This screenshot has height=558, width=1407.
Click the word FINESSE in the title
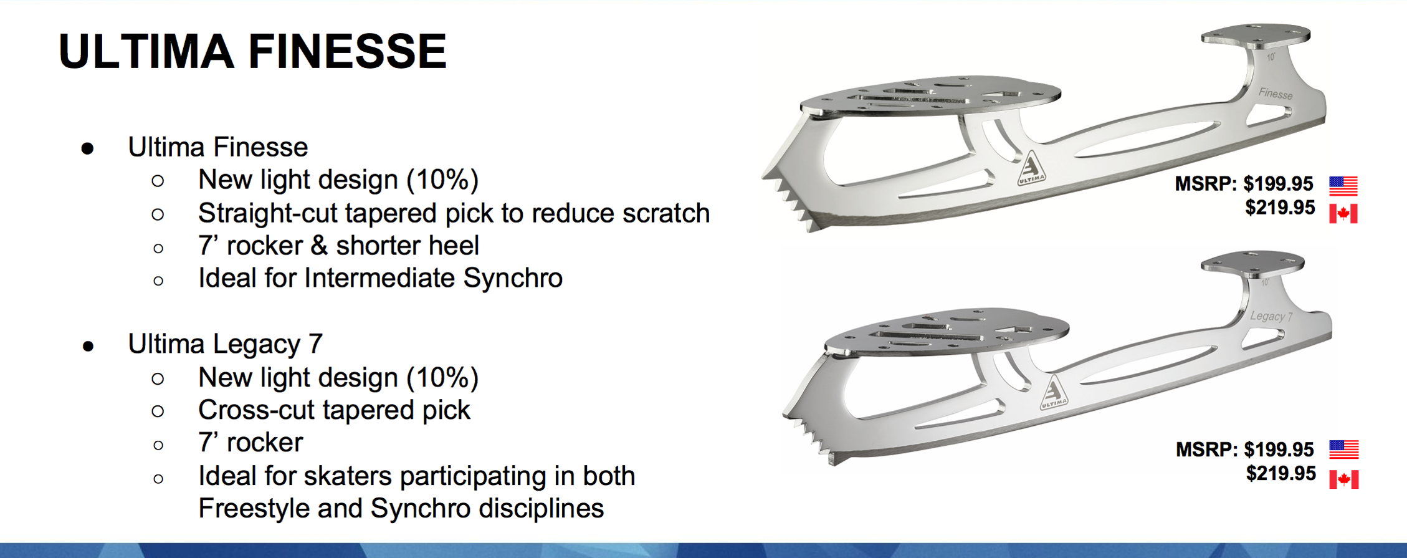[348, 51]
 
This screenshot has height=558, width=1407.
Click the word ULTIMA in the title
[146, 51]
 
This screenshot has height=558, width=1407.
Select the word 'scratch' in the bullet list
[666, 213]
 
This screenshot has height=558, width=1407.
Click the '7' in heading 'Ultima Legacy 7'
[315, 344]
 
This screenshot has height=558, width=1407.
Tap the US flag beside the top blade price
[1343, 185]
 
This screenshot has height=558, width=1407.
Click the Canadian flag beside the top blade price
[1343, 213]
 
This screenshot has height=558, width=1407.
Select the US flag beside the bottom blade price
[1344, 449]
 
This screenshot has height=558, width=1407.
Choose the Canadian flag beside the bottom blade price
[1344, 479]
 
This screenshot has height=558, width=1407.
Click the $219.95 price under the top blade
[1280, 208]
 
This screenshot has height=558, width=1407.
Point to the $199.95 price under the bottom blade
[1279, 450]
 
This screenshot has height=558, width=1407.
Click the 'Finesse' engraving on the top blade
[1275, 94]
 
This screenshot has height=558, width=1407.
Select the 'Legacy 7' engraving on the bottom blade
[1271, 316]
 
